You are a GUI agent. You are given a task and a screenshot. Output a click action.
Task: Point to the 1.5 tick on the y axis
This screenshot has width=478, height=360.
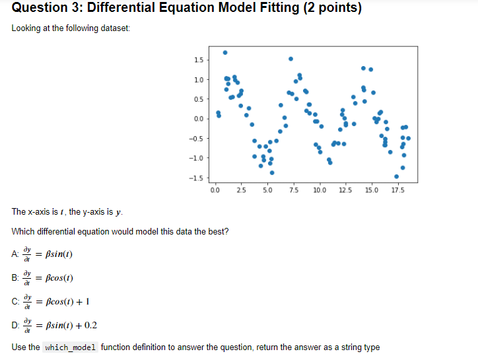[x=197, y=60]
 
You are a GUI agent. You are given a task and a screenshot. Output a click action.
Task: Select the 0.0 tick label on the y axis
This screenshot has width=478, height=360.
[x=197, y=119]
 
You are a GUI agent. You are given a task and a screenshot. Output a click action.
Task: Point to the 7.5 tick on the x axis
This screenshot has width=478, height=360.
[x=293, y=191]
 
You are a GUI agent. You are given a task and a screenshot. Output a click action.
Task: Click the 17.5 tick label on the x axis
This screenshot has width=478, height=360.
[x=397, y=191]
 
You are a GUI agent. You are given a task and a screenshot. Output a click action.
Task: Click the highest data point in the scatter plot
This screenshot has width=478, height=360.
[x=225, y=52]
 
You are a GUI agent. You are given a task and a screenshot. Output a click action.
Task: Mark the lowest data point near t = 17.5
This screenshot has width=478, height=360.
[x=396, y=176]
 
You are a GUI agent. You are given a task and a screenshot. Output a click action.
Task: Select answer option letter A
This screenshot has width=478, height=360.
[x=15, y=254]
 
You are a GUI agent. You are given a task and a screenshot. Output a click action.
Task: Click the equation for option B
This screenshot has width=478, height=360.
[x=52, y=277]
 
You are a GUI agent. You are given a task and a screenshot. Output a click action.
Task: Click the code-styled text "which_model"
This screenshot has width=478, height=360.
[x=71, y=347]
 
